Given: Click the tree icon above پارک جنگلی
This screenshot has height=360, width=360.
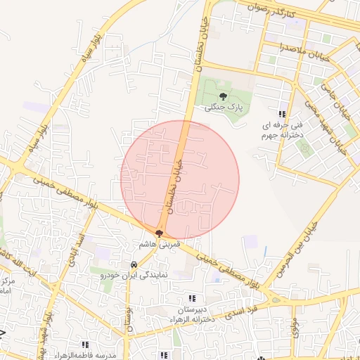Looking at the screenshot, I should (223, 97).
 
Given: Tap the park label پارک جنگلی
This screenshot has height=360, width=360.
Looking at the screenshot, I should (223, 109).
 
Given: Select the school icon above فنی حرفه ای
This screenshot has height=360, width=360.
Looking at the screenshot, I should (282, 114).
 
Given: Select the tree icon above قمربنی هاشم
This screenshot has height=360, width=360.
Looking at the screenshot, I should (160, 234).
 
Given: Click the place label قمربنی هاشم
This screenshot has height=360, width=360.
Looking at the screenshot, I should (160, 244).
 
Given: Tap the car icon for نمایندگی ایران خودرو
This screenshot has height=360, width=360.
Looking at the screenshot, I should (133, 265).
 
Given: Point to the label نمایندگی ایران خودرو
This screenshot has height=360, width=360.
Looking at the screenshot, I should (133, 276).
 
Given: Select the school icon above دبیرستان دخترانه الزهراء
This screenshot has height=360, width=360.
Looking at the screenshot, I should (193, 298).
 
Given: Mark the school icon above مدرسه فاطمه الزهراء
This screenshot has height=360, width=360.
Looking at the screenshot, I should (85, 345).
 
